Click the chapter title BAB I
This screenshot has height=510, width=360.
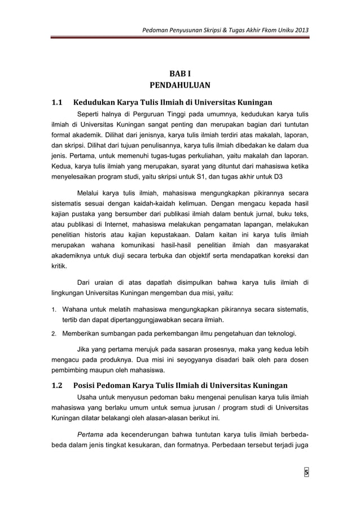(x=180, y=74)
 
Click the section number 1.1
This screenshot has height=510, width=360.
(x=56, y=103)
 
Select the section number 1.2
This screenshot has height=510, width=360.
(x=56, y=387)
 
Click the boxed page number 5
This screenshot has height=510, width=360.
(x=307, y=473)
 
